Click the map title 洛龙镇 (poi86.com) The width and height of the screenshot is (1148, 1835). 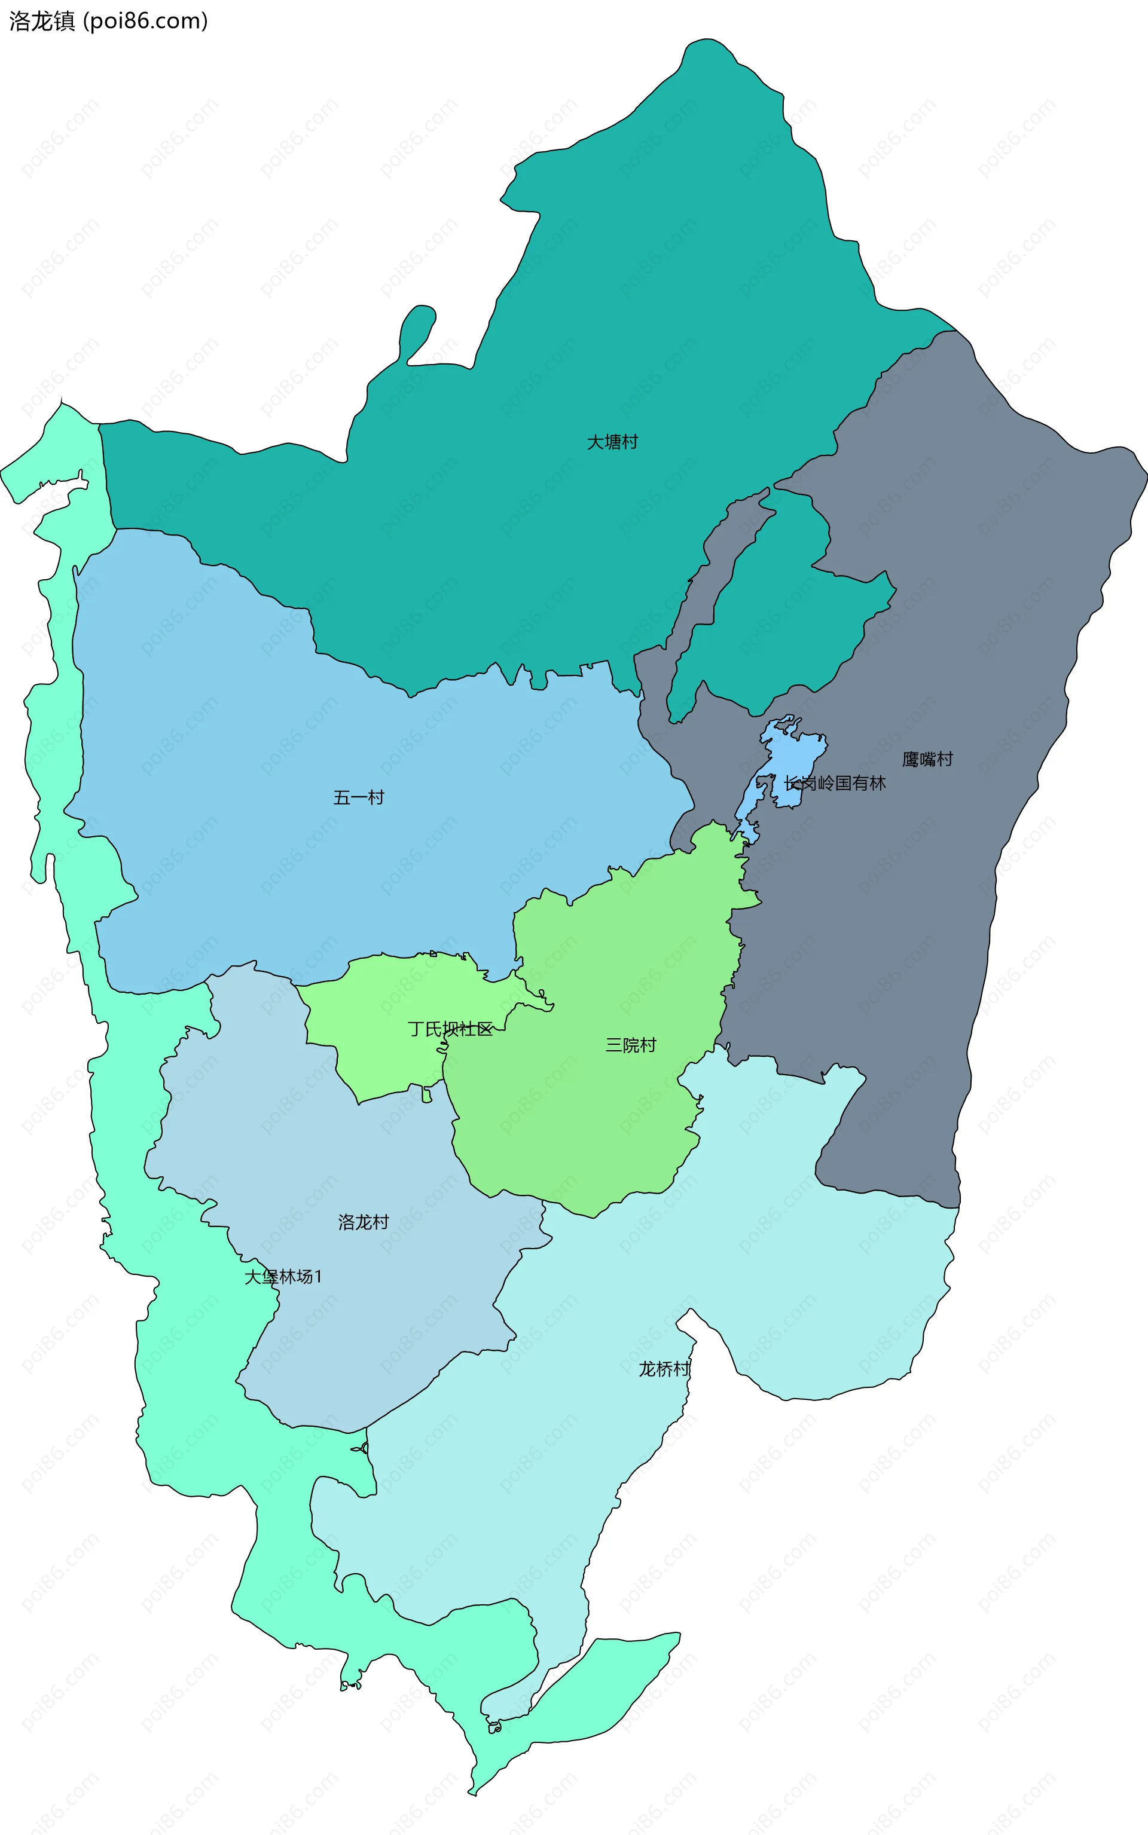[x=108, y=20]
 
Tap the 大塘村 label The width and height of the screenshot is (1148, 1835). [x=612, y=442]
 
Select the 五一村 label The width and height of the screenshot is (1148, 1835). [x=358, y=797]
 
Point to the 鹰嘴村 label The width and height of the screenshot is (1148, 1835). [x=927, y=759]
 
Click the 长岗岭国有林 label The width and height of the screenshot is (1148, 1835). [x=835, y=782]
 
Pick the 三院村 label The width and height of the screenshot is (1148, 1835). [x=630, y=1045]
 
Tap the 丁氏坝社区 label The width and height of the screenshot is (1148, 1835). [x=450, y=1029]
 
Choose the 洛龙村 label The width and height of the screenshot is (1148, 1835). [x=363, y=1222]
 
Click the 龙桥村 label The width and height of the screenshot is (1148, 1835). [x=664, y=1368]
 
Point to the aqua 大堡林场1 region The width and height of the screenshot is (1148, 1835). [x=190, y=1404]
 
